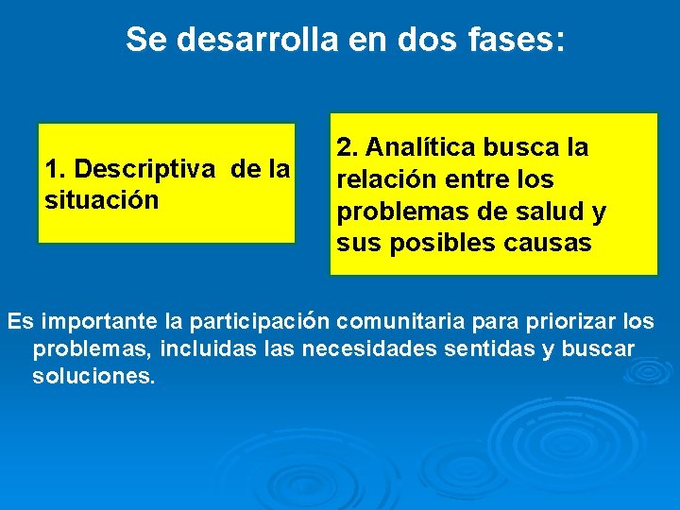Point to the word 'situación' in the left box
click(101, 200)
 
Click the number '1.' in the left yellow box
click(56, 169)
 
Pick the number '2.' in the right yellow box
click(348, 147)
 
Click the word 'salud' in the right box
click(550, 212)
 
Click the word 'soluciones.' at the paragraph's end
click(93, 376)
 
